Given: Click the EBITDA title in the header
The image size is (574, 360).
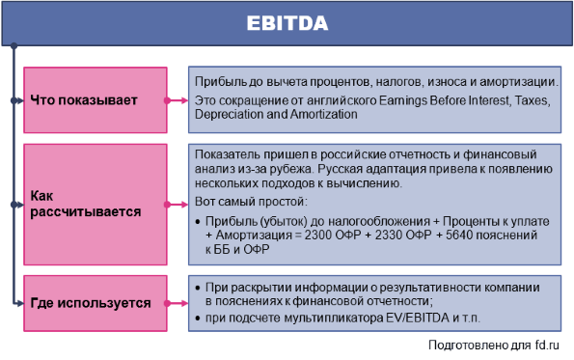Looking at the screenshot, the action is (287, 23).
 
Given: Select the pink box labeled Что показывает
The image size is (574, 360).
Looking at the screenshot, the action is (96, 100).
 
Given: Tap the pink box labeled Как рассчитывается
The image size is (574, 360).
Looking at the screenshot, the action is (96, 205).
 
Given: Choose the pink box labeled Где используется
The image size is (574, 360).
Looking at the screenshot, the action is (96, 303).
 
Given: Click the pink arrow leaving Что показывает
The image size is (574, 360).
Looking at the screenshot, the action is (177, 100).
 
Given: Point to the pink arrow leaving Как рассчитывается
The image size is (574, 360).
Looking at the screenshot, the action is (177, 205).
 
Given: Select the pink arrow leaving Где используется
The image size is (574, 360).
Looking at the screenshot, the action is (177, 303).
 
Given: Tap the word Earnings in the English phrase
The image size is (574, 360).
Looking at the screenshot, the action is (402, 100).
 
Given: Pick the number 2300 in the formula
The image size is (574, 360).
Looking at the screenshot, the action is (318, 235).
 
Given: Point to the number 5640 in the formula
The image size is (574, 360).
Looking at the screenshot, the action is (459, 235).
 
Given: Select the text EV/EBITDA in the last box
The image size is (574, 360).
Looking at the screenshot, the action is (418, 318).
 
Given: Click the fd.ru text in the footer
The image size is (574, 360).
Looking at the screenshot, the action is (547, 345).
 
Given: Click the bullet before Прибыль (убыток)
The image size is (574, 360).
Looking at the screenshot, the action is (198, 222).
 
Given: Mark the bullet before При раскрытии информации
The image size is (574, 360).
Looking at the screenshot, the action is (198, 288).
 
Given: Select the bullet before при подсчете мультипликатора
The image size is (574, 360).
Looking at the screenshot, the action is (198, 318).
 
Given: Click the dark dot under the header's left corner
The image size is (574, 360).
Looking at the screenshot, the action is (14, 45).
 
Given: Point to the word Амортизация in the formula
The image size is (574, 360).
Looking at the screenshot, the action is (254, 235).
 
